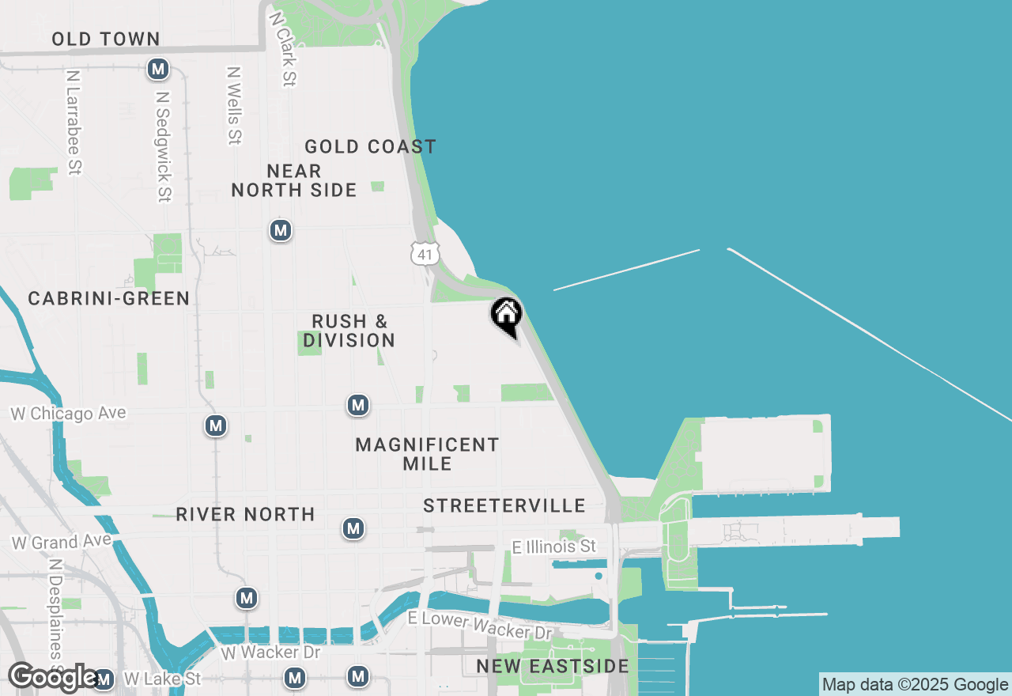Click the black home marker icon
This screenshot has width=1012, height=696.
click(507, 316)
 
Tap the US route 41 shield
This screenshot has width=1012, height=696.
click(425, 253)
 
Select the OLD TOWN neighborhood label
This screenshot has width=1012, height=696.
click(106, 39)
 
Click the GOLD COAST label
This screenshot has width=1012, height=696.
click(370, 146)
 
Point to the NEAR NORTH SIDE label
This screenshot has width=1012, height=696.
click(294, 180)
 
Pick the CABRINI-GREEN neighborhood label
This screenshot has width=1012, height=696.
click(109, 298)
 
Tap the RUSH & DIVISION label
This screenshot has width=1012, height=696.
click(349, 331)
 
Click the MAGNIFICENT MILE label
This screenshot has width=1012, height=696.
click(427, 454)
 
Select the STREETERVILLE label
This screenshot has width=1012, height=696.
click(504, 505)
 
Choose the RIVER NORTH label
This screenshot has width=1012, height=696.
click(245, 514)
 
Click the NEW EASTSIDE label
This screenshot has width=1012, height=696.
click(553, 667)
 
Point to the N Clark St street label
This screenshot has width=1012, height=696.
click(282, 48)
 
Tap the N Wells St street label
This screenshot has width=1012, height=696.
click(234, 105)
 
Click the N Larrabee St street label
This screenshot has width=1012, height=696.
click(74, 123)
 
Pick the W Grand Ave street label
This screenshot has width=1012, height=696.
click(56, 543)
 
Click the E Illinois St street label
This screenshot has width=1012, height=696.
click(553, 547)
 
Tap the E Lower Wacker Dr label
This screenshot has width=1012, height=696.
click(480, 625)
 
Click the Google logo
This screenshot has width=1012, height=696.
click(54, 678)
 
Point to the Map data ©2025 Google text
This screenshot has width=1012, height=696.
click(916, 685)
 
